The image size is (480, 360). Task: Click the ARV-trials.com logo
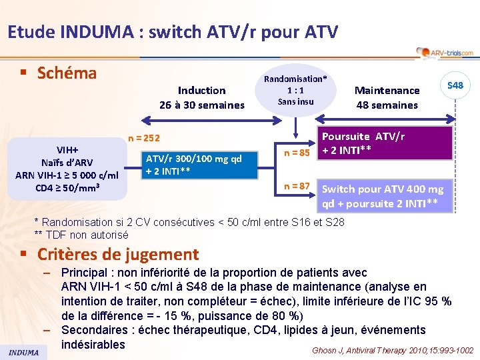click(445, 53)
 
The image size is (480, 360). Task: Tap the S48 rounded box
click(455, 85)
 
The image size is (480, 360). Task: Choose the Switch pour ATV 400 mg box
click(386, 196)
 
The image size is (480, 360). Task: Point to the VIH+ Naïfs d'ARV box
click(67, 169)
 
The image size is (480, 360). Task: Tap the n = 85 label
click(297, 153)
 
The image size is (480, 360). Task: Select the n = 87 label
click(297, 187)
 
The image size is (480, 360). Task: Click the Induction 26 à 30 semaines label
click(202, 97)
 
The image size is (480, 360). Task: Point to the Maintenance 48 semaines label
click(387, 97)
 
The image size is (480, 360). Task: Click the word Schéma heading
click(67, 73)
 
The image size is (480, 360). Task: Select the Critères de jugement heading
click(118, 254)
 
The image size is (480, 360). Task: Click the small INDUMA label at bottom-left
click(23, 352)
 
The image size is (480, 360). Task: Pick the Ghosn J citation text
click(393, 351)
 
